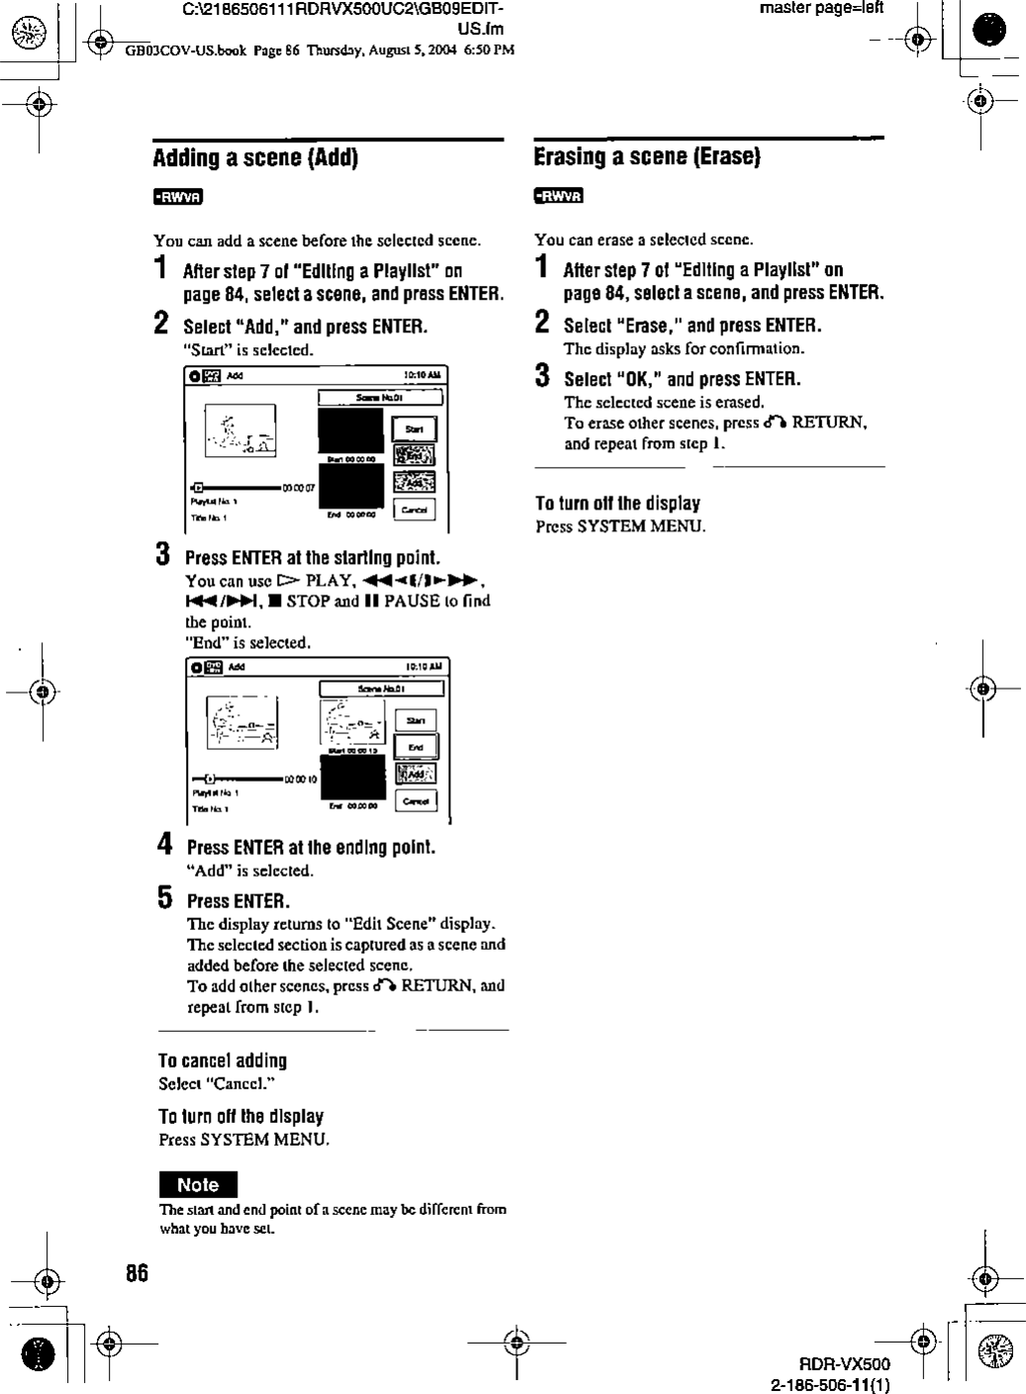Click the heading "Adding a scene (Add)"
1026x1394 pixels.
click(255, 158)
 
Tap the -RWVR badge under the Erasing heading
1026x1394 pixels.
click(559, 195)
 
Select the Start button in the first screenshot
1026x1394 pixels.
click(414, 428)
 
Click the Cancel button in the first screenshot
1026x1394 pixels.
click(414, 510)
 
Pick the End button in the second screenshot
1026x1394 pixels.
click(416, 747)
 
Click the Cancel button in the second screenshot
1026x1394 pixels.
click(416, 800)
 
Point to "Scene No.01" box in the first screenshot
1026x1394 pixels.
click(379, 398)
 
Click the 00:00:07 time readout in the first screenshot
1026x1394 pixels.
click(298, 488)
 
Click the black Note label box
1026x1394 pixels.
click(198, 1185)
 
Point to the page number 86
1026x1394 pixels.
click(138, 1273)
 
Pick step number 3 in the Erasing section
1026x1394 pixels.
click(542, 376)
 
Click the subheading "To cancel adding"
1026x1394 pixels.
click(223, 1061)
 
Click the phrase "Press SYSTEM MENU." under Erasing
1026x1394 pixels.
click(620, 526)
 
